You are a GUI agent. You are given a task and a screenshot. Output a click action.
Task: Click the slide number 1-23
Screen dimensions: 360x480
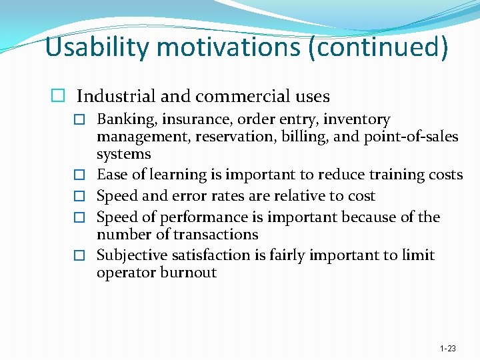[x=448, y=349]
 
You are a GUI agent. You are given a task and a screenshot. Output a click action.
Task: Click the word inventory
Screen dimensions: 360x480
[x=357, y=120]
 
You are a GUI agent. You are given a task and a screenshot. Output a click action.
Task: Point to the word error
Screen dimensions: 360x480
[x=180, y=196]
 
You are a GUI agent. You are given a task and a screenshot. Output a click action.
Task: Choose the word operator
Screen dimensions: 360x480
[x=125, y=273]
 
